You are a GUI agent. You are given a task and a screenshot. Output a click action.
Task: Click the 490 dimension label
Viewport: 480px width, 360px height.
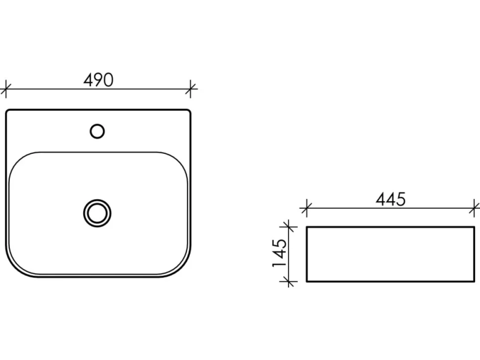(98, 80)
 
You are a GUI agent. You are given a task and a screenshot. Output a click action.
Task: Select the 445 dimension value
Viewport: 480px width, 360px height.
(390, 199)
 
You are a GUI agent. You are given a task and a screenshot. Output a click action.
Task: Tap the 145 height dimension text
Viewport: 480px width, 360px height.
(280, 253)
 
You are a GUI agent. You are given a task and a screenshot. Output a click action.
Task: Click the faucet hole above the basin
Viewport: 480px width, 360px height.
(97, 132)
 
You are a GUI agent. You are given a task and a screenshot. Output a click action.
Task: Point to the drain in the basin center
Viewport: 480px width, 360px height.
(97, 213)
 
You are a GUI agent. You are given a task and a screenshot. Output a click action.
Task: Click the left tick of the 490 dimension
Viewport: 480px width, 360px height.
(6, 90)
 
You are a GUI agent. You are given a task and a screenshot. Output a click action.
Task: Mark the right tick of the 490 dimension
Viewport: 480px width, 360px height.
(191, 89)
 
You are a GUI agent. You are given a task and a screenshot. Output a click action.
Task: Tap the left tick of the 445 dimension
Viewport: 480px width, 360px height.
(306, 208)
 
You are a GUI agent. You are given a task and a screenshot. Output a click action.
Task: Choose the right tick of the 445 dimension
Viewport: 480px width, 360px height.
(474, 208)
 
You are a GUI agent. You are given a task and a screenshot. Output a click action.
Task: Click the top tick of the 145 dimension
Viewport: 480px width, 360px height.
(288, 227)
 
